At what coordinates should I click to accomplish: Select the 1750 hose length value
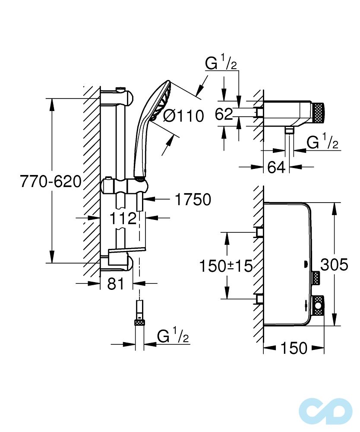pos(193,200)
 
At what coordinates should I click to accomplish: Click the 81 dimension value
pos(115,284)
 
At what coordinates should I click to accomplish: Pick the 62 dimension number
pos(224,114)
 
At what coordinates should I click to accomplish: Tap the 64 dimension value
pos(276,167)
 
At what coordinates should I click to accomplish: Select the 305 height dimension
pos(334,264)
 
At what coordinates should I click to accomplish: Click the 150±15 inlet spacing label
pos(226,266)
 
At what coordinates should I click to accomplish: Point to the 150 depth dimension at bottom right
pos(294,348)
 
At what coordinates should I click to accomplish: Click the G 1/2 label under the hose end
pos(173,336)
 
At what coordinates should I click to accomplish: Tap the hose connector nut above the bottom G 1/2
pos(139,321)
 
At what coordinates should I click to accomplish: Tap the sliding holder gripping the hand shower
pos(124,186)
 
